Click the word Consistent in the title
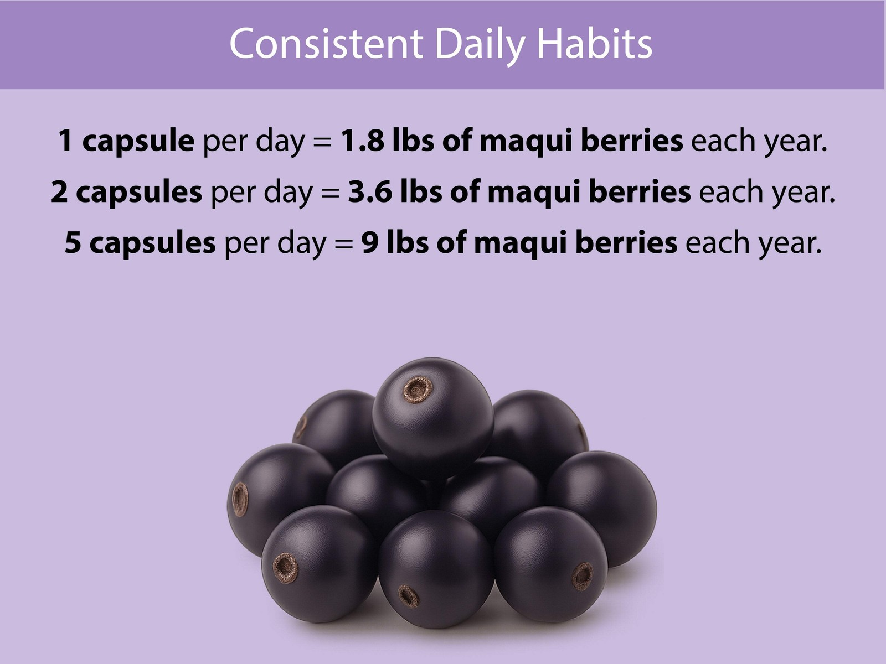326,44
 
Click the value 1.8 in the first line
362,141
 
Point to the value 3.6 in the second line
370,192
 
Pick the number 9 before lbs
370,242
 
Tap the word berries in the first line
632,141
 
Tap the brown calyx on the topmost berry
416,390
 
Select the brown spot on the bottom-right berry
583,576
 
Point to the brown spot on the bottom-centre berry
409,596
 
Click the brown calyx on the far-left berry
240,499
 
